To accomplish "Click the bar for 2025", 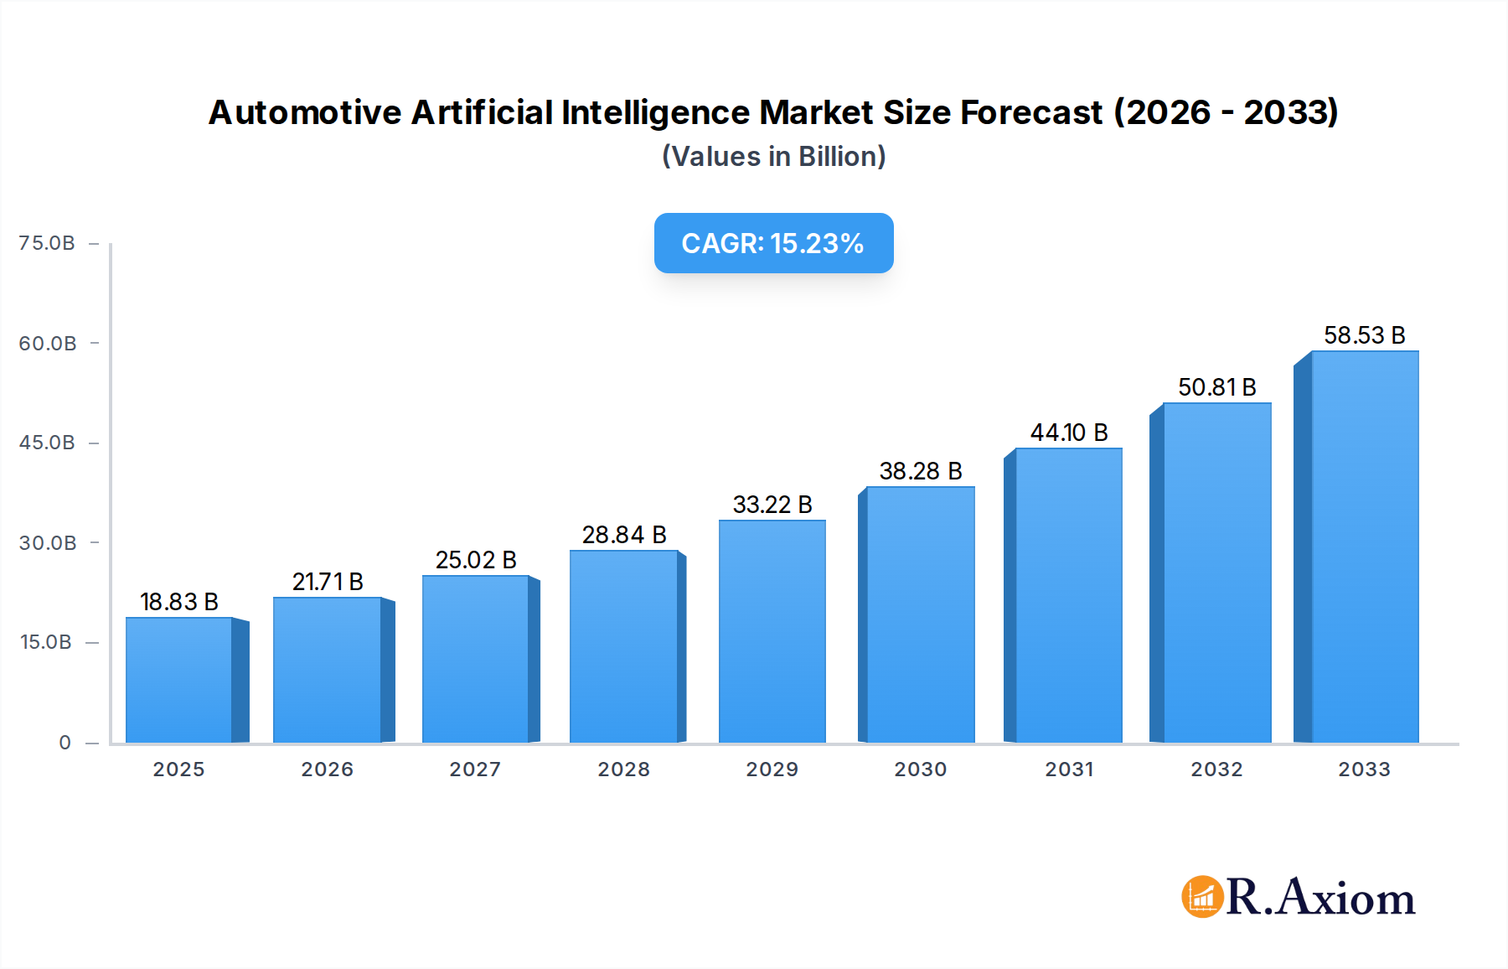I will [178, 680].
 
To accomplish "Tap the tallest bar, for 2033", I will [1364, 547].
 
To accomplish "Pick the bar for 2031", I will [1068, 595].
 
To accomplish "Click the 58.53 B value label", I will [1364, 335].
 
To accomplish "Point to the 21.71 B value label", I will [328, 582].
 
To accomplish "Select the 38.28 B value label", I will [920, 471].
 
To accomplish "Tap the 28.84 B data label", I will [624, 535].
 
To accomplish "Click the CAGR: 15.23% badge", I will [773, 243].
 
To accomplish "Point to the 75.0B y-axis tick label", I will [47, 243].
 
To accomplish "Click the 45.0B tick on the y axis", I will [47, 443].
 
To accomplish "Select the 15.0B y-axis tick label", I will [46, 642].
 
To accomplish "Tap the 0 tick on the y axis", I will [65, 743].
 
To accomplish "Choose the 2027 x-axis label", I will [475, 769].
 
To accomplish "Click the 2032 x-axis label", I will [1216, 769].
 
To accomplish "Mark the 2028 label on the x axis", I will [623, 769].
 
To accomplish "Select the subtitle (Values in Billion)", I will [773, 157].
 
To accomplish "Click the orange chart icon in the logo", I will [1202, 897].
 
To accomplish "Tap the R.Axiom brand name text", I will [1320, 898].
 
